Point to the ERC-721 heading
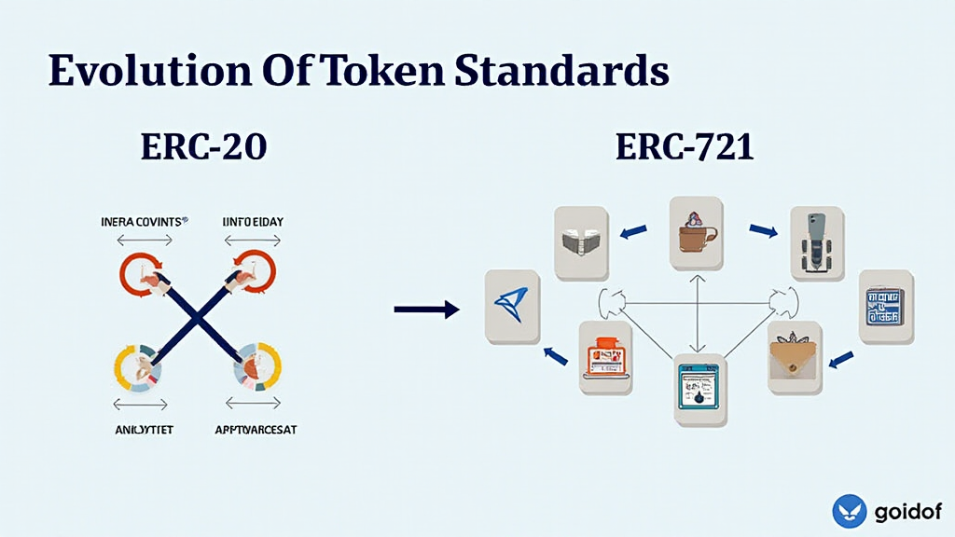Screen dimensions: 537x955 coord(684,147)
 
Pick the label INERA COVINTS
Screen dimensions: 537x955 coord(144,222)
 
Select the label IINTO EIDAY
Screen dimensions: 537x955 coord(253,222)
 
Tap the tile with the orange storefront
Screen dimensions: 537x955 coord(605,356)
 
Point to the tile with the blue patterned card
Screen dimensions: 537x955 coord(882,305)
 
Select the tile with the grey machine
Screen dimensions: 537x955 coord(817,242)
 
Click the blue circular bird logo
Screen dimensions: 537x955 coord(850,512)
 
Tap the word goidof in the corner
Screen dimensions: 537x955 coord(907,512)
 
